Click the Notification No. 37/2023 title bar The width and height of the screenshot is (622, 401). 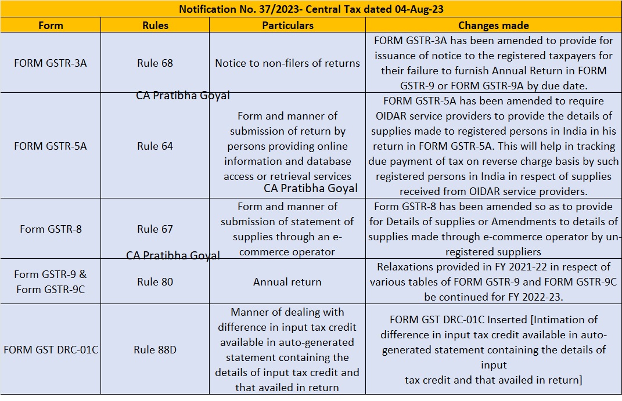point(311,9)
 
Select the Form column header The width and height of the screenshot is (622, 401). point(51,26)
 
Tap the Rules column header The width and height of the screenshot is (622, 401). point(155,26)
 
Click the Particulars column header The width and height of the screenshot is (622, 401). point(287,26)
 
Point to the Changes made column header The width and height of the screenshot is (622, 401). point(494,26)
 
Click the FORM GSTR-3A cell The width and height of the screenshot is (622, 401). point(51,63)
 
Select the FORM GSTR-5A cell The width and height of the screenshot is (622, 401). point(51,146)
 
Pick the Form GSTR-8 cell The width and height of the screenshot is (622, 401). point(51,229)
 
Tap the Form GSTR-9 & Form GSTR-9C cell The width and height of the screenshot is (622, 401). point(51,281)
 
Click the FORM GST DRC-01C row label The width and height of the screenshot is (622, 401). point(51,349)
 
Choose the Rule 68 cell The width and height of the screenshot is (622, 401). point(155,63)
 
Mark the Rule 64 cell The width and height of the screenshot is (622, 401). point(155,146)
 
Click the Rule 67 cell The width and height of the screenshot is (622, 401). point(155,229)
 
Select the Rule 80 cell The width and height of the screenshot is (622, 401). point(155,281)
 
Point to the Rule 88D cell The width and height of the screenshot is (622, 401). point(155,349)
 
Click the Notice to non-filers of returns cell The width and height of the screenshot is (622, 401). point(287,63)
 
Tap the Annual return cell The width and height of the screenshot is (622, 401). point(287,281)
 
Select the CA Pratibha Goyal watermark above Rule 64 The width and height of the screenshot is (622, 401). point(183,96)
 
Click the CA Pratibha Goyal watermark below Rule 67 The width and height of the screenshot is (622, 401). point(173,255)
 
